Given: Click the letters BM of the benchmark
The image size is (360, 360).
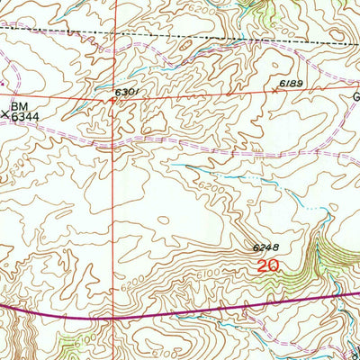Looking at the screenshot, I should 20,105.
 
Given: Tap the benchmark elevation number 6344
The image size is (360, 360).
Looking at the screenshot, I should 24,115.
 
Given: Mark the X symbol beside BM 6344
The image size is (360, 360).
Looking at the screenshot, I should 6,114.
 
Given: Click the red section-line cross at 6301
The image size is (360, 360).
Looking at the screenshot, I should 113,100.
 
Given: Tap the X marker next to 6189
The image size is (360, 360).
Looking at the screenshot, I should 275,90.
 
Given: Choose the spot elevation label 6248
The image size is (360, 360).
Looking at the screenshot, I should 266,247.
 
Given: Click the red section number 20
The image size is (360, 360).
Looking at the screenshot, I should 267,266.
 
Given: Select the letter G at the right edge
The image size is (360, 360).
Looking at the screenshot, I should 355,96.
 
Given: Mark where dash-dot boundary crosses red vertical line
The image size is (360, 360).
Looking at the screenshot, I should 114,35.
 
